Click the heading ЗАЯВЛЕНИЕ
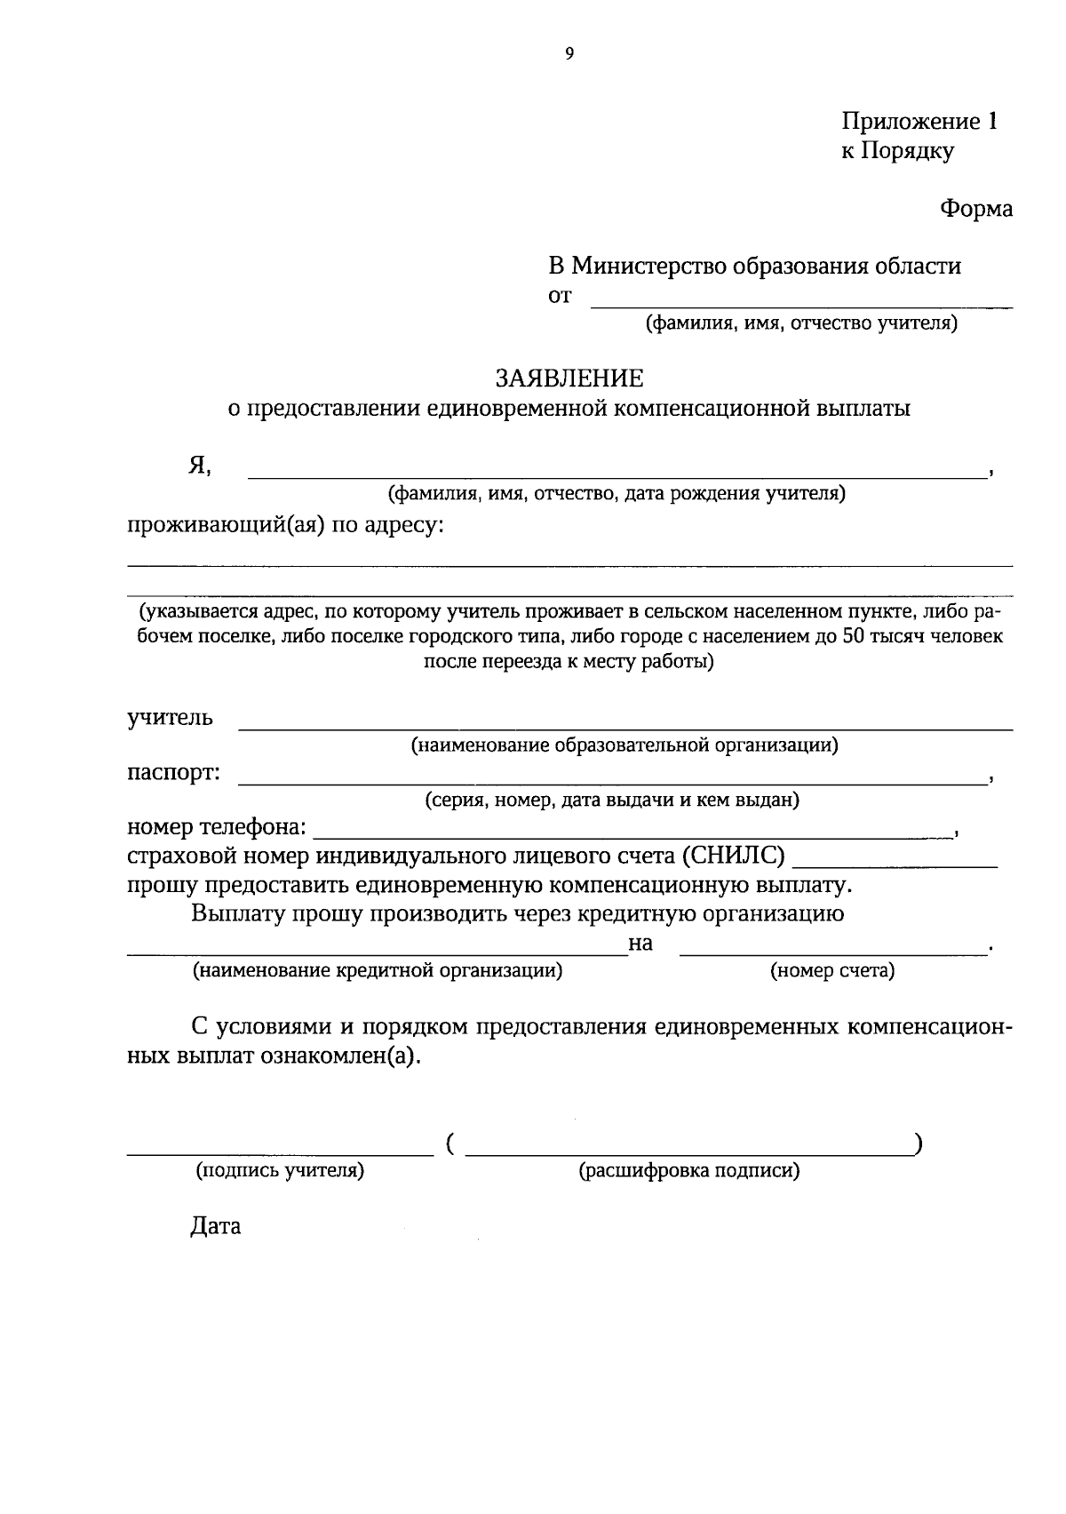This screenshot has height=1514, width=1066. click(x=569, y=378)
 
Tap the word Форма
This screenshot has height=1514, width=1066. click(x=975, y=209)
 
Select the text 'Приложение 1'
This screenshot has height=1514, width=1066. click(x=919, y=122)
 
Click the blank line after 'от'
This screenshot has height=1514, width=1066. click(x=801, y=306)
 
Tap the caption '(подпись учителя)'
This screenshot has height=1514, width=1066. click(x=280, y=1171)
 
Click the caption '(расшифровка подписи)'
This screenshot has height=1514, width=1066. click(x=689, y=1171)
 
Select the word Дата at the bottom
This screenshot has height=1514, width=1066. click(x=215, y=1227)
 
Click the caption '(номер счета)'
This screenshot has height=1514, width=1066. click(x=831, y=971)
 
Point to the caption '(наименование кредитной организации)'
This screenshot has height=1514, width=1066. click(x=378, y=971)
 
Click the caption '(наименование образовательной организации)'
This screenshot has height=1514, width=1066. click(x=624, y=745)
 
